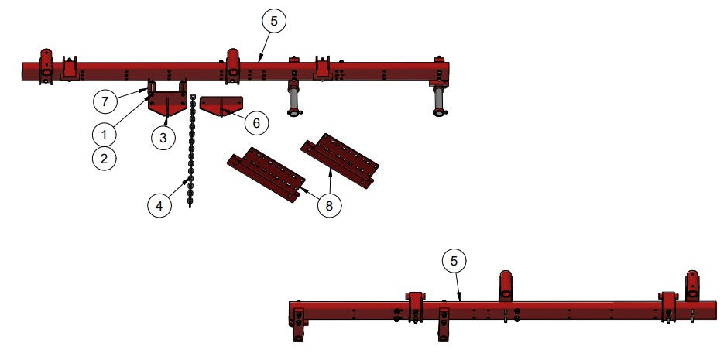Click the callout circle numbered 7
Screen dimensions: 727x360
tap(105, 101)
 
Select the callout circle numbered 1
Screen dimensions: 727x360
tap(104, 135)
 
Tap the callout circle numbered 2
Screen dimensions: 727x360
tap(104, 159)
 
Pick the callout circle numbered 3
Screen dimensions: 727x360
tap(163, 138)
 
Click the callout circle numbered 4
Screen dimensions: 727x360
tap(159, 205)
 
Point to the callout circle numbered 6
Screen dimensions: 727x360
tap(256, 123)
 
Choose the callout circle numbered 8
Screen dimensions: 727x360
tap(329, 205)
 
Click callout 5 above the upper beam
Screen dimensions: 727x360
tap(274, 22)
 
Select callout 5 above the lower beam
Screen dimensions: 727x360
tap(454, 261)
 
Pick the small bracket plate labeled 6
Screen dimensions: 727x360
tap(221, 106)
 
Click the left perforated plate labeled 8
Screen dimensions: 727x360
tap(266, 174)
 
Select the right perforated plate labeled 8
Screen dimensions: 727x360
tap(340, 160)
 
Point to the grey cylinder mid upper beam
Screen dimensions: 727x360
tap(293, 101)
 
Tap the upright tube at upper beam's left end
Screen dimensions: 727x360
tap(46, 67)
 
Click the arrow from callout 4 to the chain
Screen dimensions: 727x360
tap(180, 188)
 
